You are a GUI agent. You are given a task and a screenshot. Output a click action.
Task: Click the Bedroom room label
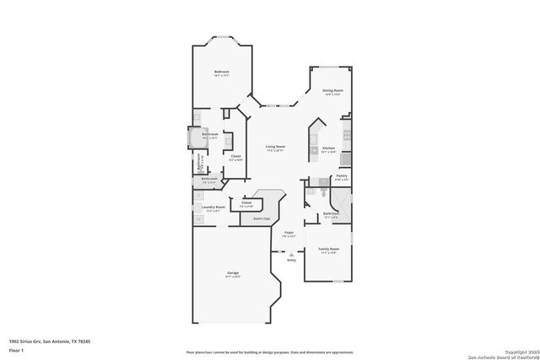pyautogui.click(x=221, y=73)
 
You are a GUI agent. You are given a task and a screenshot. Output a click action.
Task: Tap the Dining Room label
pyautogui.click(x=332, y=90)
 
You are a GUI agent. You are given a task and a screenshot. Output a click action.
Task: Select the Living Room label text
pyautogui.click(x=276, y=146)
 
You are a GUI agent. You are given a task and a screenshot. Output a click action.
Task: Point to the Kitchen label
pyautogui.click(x=328, y=148)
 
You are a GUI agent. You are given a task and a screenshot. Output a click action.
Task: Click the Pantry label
pyautogui.click(x=341, y=175)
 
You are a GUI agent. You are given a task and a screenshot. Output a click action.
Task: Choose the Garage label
pyautogui.click(x=232, y=273)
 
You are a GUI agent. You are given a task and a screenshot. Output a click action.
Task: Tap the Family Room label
pyautogui.click(x=328, y=249)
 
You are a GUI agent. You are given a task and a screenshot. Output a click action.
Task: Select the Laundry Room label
pyautogui.click(x=213, y=207)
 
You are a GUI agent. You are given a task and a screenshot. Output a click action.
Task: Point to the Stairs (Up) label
pyautogui.click(x=261, y=218)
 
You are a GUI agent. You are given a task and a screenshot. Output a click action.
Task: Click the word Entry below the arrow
pyautogui.click(x=291, y=260)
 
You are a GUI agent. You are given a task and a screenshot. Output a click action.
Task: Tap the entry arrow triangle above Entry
pyautogui.click(x=291, y=254)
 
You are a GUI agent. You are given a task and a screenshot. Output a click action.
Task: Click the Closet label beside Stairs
pyautogui.click(x=246, y=202)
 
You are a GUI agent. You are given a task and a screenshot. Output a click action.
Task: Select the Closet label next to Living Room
pyautogui.click(x=236, y=155)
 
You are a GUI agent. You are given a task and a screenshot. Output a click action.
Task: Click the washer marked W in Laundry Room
pyautogui.click(x=199, y=219)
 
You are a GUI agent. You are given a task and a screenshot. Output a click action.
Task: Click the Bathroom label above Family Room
pyautogui.click(x=331, y=213)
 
